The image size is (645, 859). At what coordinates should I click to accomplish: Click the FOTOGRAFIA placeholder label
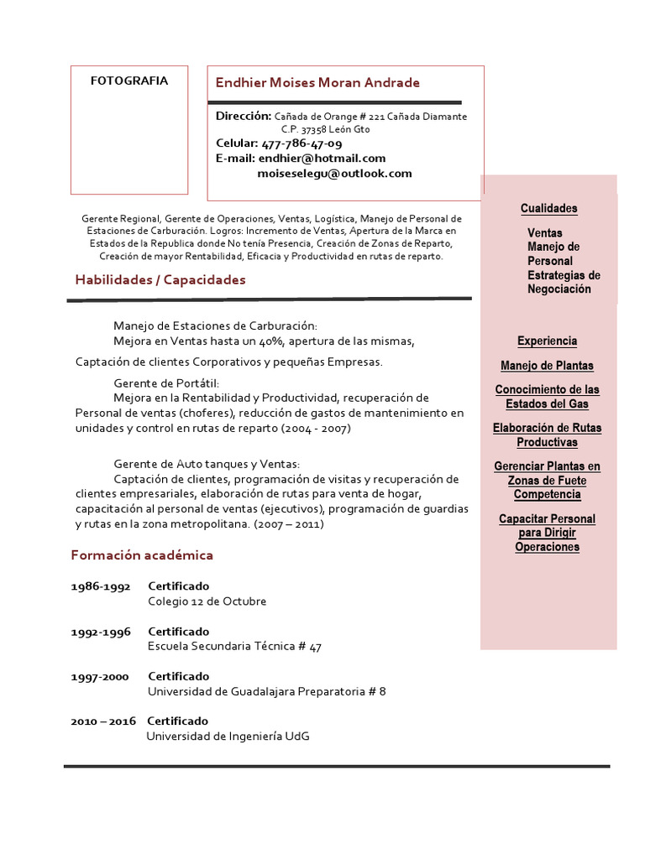click(x=129, y=81)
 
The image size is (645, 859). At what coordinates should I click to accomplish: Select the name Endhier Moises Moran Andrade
click(x=317, y=82)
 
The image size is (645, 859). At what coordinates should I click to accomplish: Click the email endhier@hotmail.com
click(x=322, y=158)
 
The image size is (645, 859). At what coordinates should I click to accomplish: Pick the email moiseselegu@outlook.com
click(x=334, y=173)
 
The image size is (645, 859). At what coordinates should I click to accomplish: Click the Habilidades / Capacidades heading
click(x=160, y=279)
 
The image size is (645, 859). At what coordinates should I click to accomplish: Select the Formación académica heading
click(x=142, y=554)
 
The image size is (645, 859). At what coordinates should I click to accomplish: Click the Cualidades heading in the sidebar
click(x=548, y=208)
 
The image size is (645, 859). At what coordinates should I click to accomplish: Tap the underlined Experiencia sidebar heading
click(x=547, y=341)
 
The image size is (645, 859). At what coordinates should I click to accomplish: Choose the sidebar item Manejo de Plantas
click(x=547, y=365)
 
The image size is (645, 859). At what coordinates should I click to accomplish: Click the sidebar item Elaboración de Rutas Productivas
click(x=547, y=435)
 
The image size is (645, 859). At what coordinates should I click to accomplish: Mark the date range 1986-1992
click(x=100, y=586)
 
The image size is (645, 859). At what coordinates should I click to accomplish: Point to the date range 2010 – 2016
click(x=102, y=721)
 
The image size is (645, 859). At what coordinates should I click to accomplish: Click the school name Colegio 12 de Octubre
click(x=207, y=601)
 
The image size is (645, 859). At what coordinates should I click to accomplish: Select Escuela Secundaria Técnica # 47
click(x=234, y=646)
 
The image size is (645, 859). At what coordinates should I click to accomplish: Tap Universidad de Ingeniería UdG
click(x=228, y=736)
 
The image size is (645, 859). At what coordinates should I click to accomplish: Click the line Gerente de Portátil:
click(x=165, y=383)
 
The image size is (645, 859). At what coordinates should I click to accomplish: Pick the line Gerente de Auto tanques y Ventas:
click(x=207, y=463)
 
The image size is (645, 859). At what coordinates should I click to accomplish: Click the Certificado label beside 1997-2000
click(x=179, y=676)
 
